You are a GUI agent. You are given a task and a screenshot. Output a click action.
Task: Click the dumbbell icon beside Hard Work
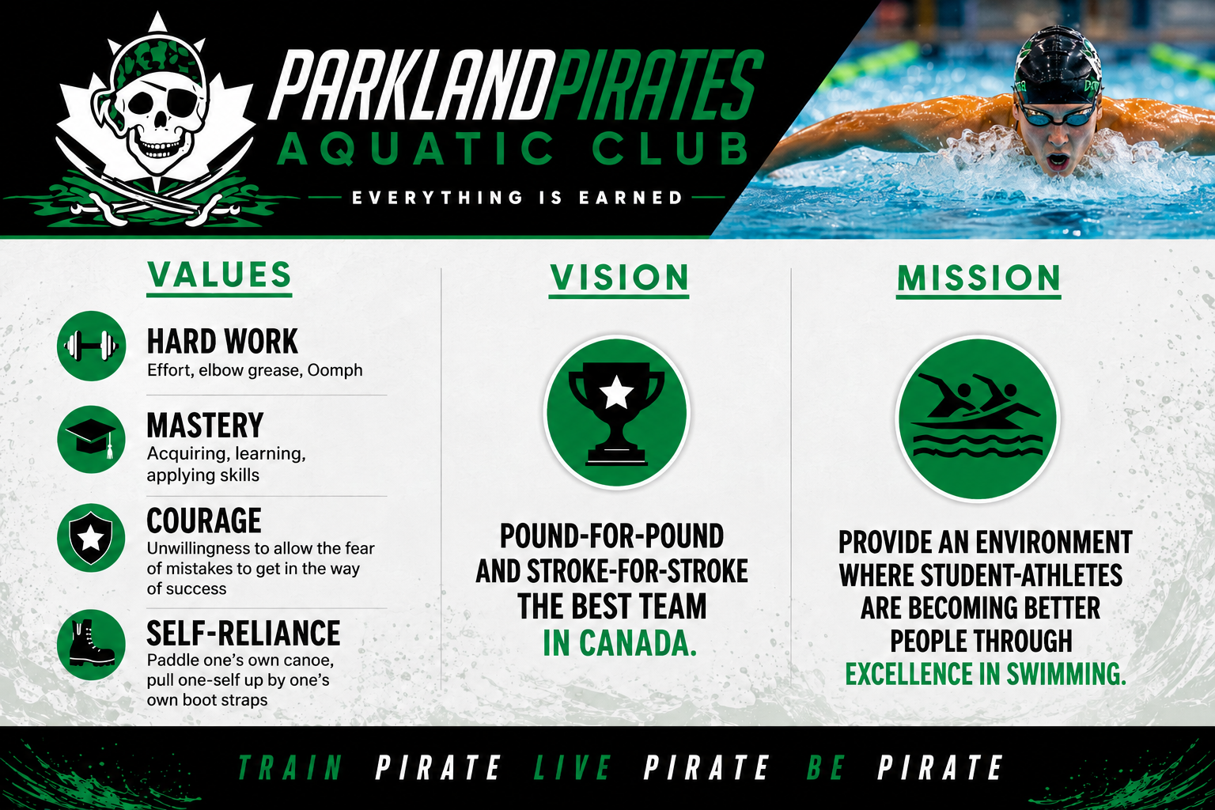pos(91,346)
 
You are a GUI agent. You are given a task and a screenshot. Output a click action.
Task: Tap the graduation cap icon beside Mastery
pos(91,440)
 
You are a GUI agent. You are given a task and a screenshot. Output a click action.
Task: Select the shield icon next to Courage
pos(91,538)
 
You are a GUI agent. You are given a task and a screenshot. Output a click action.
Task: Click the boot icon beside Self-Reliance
pos(91,645)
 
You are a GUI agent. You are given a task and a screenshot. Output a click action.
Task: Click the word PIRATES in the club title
pos(655,85)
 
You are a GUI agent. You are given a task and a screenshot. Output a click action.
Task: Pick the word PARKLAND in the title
pos(412,85)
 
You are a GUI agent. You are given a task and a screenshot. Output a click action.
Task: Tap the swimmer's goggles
pos(1057,115)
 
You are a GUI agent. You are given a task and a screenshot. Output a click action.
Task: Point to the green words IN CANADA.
pos(619,643)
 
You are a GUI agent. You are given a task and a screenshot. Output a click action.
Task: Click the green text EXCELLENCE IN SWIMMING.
pos(986,674)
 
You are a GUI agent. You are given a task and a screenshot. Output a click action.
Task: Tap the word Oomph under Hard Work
pos(335,370)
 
